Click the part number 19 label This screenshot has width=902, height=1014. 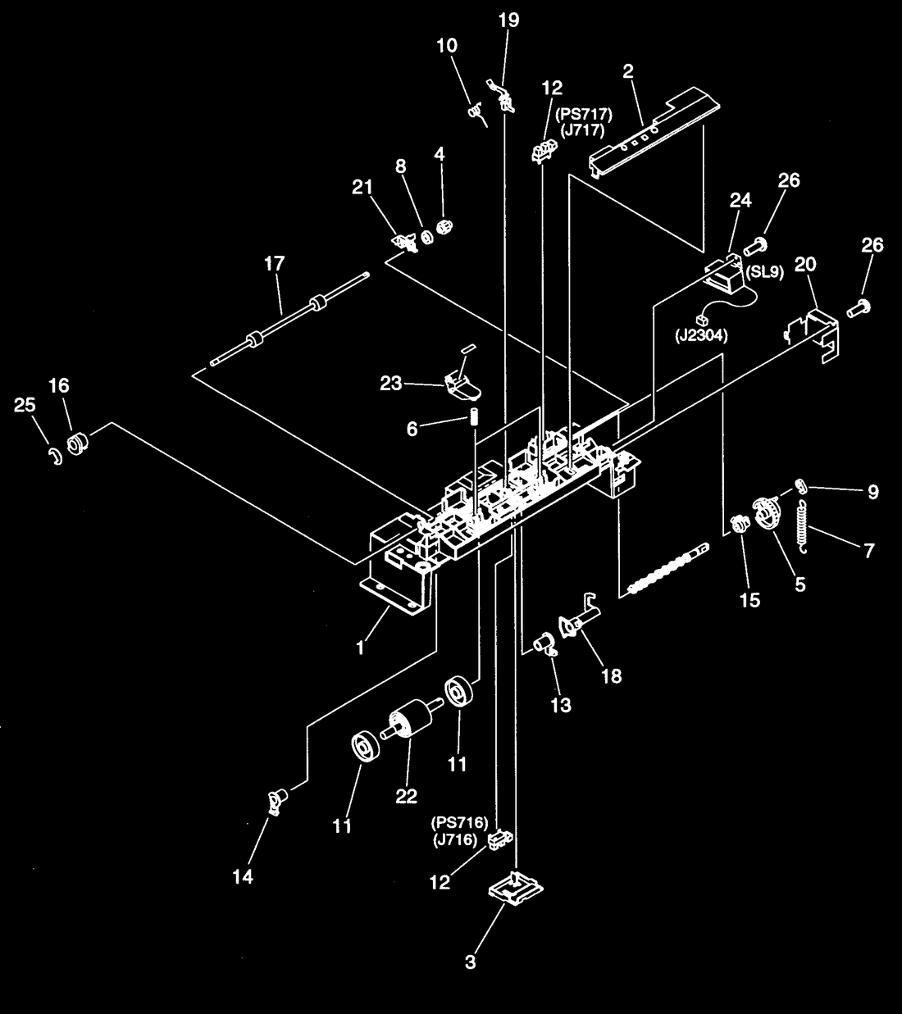point(509,20)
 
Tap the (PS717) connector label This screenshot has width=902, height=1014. point(584,115)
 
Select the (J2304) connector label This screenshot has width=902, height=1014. point(700,335)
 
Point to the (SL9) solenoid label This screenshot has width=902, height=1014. point(764,272)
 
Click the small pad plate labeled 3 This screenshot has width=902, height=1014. point(515,889)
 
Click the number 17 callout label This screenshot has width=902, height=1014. point(275,264)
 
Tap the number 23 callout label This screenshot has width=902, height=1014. point(390,384)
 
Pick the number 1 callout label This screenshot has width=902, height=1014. point(360,648)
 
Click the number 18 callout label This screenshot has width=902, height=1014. point(612,676)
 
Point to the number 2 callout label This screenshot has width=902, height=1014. point(628,71)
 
